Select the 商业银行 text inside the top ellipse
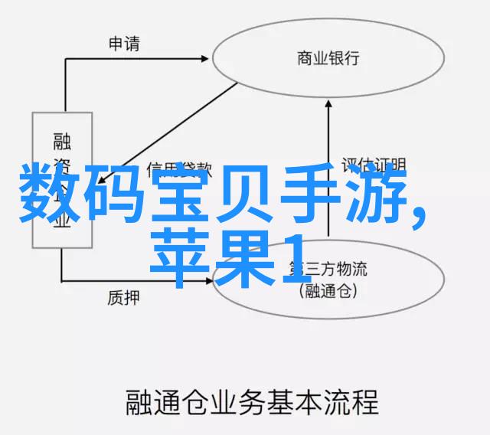tap(328, 58)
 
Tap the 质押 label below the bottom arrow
tap(123, 296)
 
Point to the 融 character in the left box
tap(61, 140)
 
